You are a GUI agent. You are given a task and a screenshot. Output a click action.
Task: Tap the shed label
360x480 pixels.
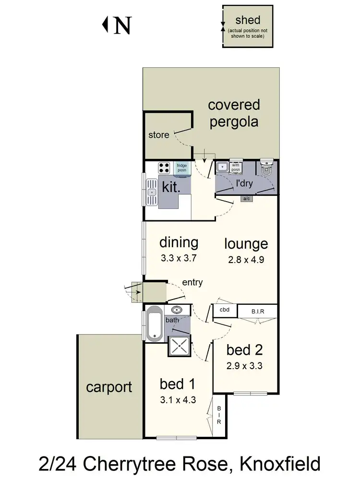coord(248,20)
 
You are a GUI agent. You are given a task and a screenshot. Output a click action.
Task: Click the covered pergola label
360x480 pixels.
coord(234,113)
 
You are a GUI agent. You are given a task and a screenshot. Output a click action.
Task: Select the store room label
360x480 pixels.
coord(158,135)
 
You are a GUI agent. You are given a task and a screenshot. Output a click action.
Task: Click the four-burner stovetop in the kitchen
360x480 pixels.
coord(164,168)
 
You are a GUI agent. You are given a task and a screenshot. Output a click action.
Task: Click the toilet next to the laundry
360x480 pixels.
coord(267,169)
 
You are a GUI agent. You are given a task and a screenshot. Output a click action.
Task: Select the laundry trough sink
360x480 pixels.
coord(222,168)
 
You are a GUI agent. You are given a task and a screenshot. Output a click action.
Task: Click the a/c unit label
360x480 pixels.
coord(247,198)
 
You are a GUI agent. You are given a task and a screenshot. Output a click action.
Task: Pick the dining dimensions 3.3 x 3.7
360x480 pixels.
coord(179,258)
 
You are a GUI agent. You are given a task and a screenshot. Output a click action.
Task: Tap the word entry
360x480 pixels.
coord(192,283)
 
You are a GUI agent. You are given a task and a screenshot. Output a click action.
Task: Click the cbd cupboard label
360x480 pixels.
coord(225,310)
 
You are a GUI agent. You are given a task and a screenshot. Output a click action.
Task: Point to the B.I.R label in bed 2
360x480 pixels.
coord(257,311)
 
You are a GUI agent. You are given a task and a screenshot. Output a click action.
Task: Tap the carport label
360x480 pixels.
coord(109,387)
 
